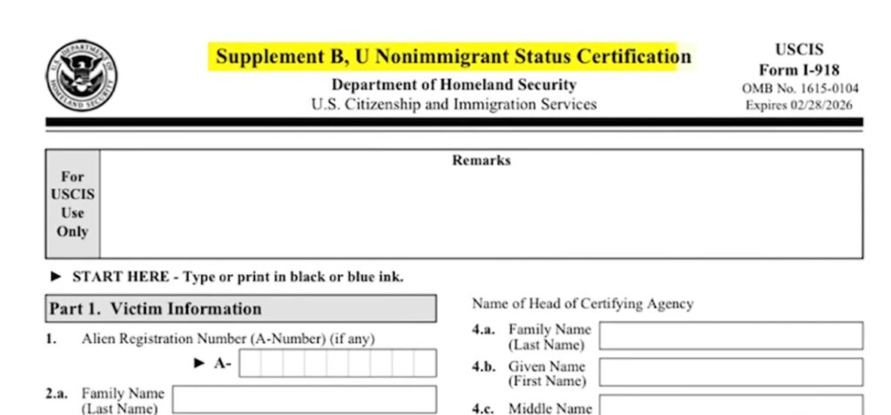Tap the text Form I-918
pos(799,70)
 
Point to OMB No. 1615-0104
pos(799,89)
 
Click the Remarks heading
pos(481,161)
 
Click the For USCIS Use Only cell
pos(73,204)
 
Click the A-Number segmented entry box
pos(338,363)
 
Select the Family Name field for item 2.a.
pos(305,400)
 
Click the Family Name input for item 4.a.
pos(731,336)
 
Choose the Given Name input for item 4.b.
pos(731,372)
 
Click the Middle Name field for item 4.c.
pos(731,405)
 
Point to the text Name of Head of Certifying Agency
pos(583,304)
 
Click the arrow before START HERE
pos(57,277)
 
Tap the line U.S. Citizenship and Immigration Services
pos(453,104)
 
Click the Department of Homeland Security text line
pos(453,85)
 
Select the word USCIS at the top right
pos(799,50)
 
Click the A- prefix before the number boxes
pos(223,363)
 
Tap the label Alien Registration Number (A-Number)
pos(228,338)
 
